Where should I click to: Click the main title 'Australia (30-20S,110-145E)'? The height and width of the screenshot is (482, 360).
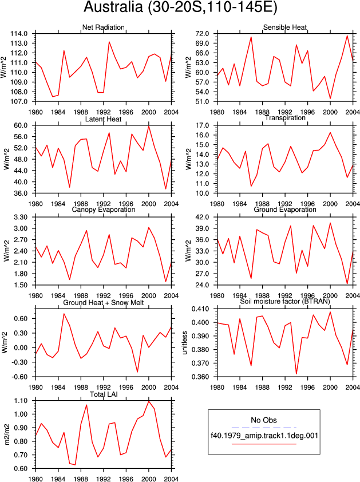click(180, 7)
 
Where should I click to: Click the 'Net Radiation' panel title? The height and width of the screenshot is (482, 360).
click(103, 27)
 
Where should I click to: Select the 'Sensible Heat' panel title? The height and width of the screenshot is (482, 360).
click(285, 27)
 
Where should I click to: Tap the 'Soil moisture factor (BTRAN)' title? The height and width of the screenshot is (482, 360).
click(285, 301)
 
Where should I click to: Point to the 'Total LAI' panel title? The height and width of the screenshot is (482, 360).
click(104, 394)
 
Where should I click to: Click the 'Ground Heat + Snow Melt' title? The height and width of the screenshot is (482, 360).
click(103, 303)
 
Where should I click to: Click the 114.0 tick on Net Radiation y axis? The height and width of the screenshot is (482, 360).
click(19, 34)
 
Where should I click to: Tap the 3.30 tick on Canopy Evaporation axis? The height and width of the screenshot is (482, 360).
click(21, 218)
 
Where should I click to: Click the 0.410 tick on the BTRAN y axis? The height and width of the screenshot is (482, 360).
click(200, 309)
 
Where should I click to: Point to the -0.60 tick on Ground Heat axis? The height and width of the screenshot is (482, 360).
click(19, 377)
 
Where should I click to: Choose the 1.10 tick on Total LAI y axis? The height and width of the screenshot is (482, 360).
click(21, 401)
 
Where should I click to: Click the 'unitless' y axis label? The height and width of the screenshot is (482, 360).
click(185, 343)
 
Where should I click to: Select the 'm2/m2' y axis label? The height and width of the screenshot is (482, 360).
click(6, 434)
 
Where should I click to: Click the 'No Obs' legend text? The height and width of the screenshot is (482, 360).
click(264, 420)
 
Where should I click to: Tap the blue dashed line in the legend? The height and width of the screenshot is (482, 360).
click(264, 428)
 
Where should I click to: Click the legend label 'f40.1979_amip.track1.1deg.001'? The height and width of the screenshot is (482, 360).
click(264, 436)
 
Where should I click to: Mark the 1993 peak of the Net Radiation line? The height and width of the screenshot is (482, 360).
click(109, 42)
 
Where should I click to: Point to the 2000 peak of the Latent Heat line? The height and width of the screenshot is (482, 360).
click(149, 126)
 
